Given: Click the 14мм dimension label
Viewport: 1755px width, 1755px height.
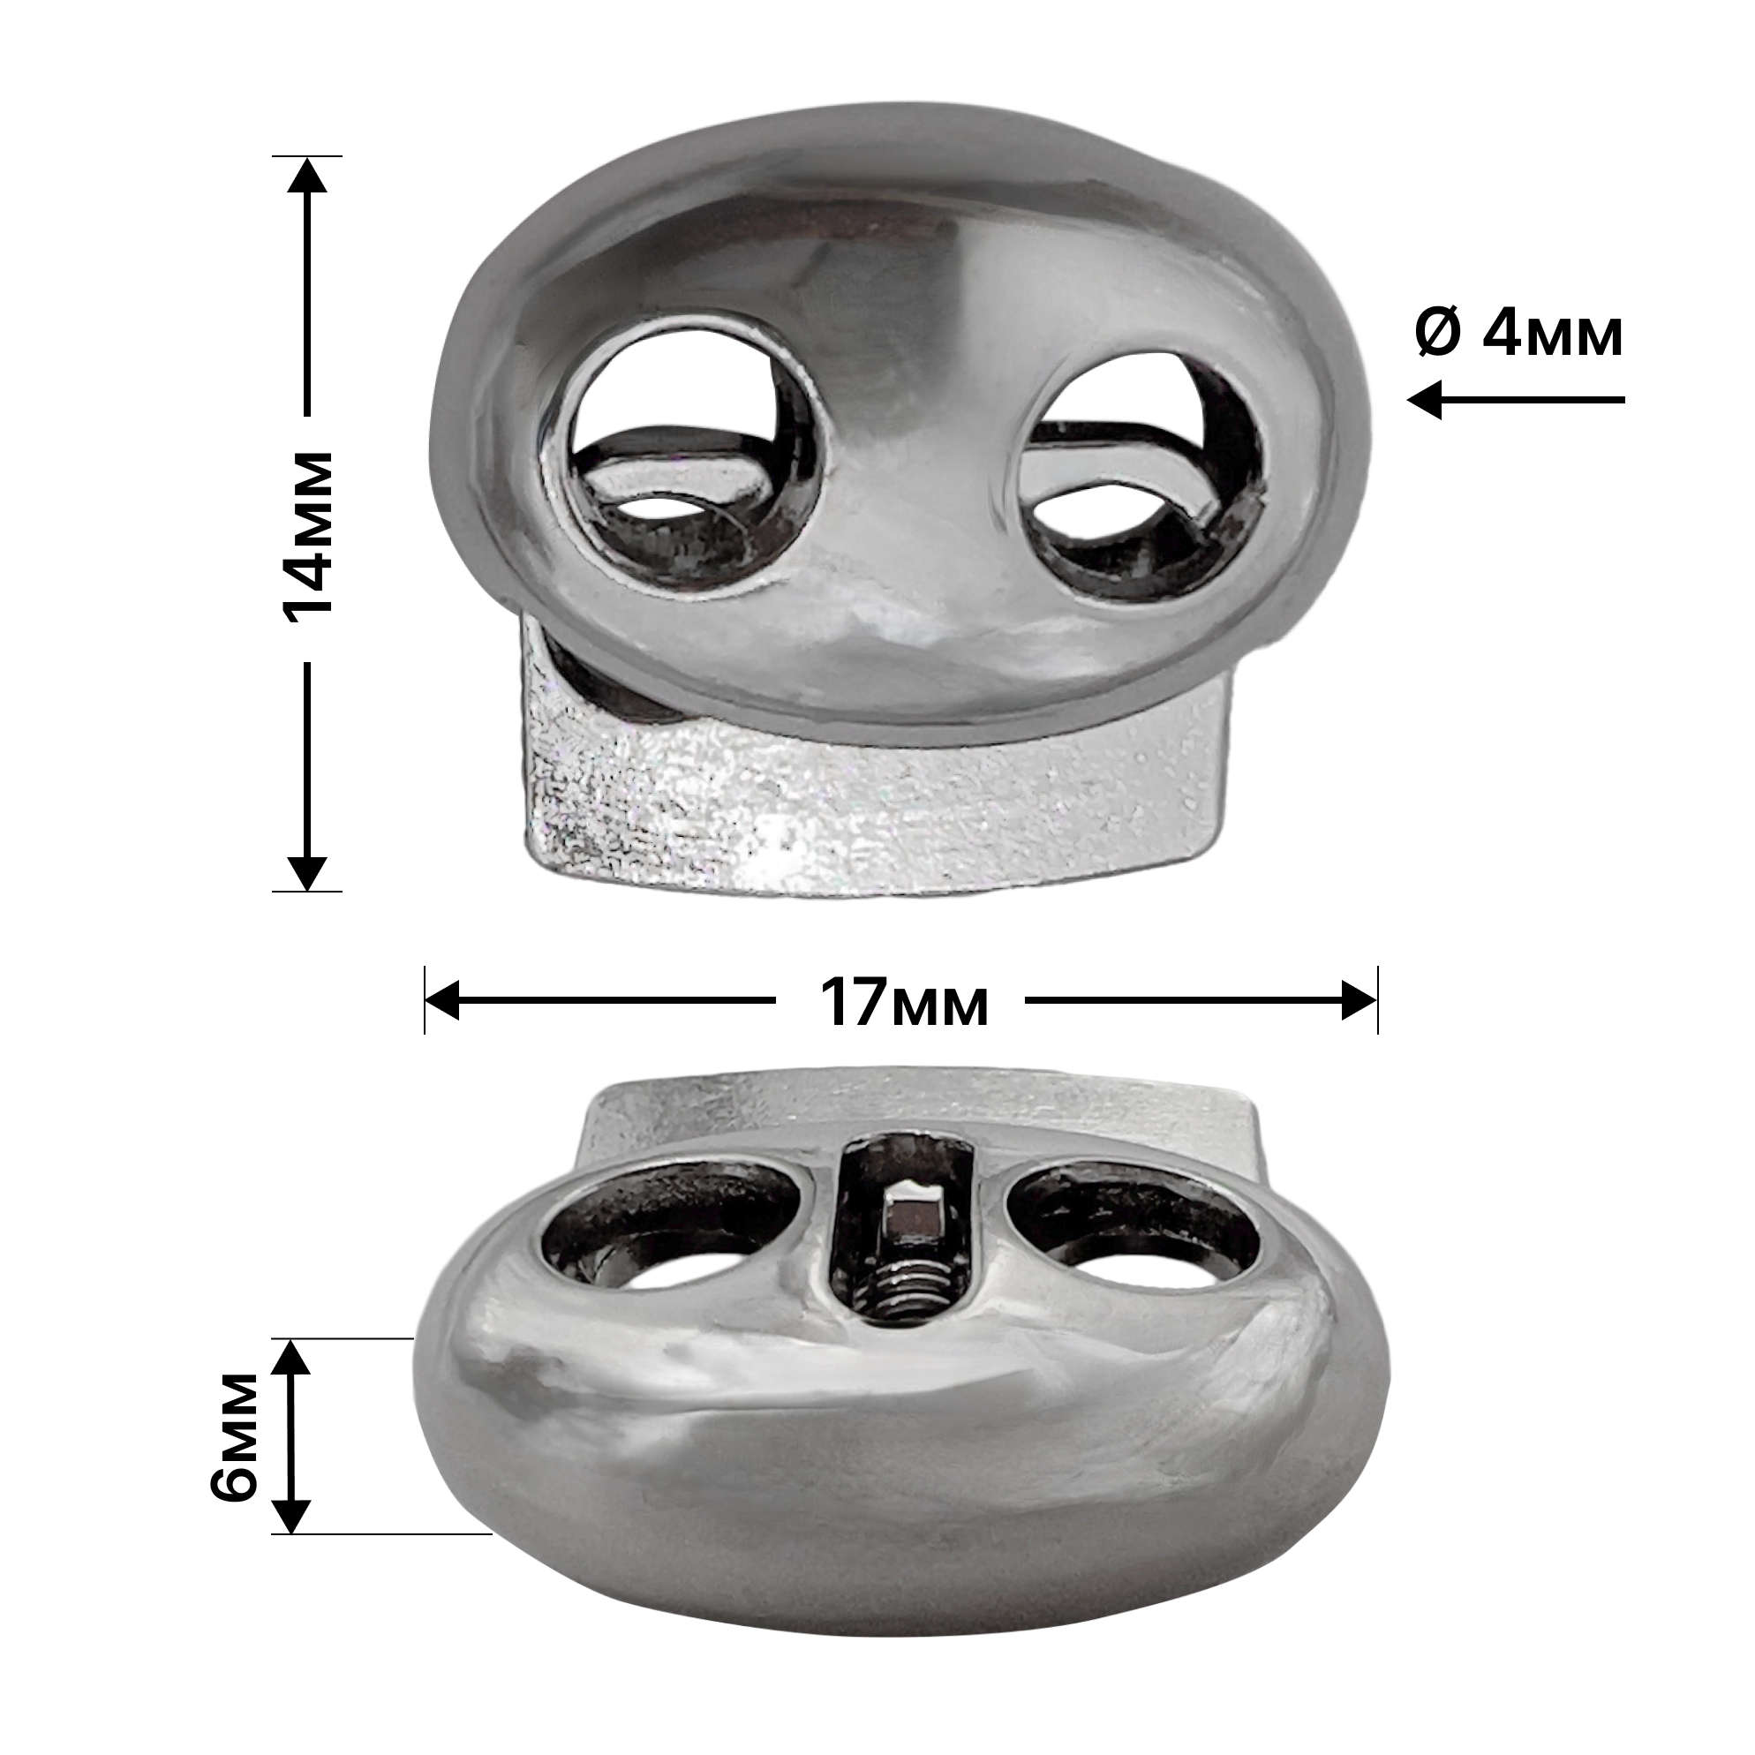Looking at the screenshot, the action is (306, 539).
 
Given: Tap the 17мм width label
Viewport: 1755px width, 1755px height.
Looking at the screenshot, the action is (904, 1003).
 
